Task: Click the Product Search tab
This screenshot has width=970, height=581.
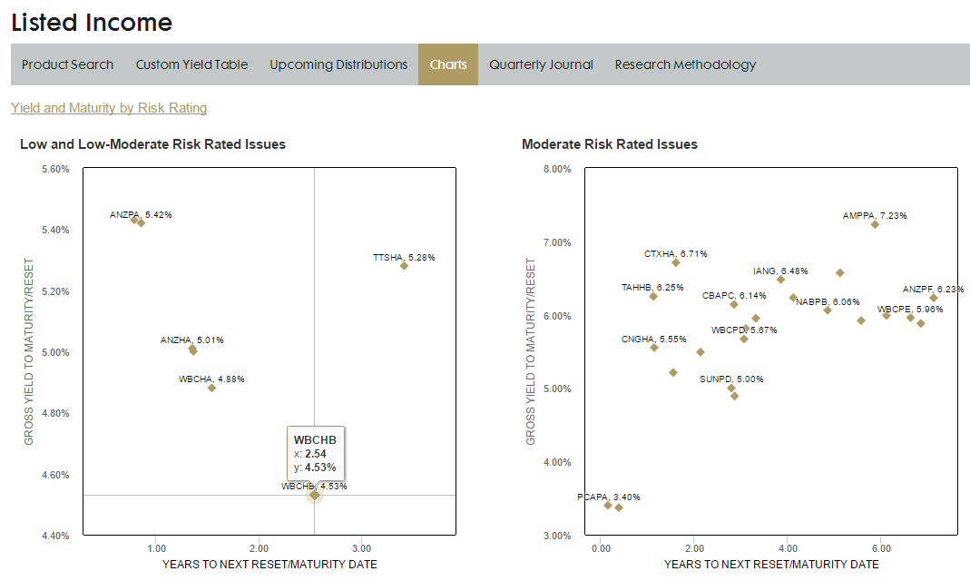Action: click(67, 64)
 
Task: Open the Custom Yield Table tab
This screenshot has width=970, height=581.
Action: click(191, 64)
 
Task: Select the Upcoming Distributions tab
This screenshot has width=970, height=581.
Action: click(338, 64)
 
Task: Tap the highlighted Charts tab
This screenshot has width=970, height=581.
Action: click(448, 64)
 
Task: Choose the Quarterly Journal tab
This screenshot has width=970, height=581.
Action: click(541, 64)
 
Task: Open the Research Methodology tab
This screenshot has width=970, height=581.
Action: click(685, 64)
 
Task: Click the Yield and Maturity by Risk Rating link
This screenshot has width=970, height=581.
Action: click(109, 108)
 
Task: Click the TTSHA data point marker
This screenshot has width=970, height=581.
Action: click(404, 266)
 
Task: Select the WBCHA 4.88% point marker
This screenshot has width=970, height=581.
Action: click(211, 388)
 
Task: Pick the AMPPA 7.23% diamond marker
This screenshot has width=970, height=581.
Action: click(875, 224)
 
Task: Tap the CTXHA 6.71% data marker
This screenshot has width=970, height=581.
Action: click(676, 262)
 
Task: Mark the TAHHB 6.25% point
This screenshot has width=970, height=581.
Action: click(653, 296)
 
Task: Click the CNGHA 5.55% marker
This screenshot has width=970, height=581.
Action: click(654, 348)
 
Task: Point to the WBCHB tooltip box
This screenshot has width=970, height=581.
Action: click(315, 453)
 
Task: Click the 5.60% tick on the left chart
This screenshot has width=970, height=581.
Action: click(54, 169)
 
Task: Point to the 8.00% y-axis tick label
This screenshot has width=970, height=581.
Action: click(556, 169)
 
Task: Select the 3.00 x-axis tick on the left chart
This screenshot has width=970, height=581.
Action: click(361, 549)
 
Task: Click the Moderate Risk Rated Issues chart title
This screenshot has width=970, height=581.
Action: click(610, 144)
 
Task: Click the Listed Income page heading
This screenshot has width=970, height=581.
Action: click(92, 23)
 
